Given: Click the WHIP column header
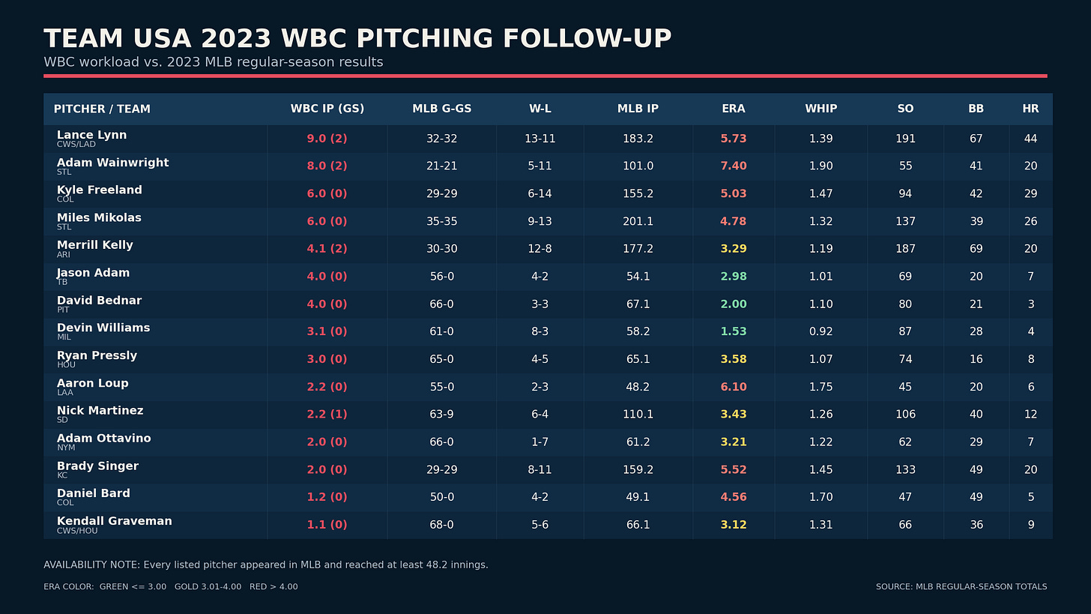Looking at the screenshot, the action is pyautogui.click(x=820, y=109).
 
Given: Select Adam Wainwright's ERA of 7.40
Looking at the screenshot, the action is pyautogui.click(x=733, y=166).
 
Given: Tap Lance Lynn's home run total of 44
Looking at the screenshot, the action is pyautogui.click(x=1030, y=139).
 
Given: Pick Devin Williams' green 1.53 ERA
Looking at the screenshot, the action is pyautogui.click(x=733, y=331).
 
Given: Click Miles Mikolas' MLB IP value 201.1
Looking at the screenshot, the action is pyautogui.click(x=638, y=221).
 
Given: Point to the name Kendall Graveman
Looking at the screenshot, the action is pyautogui.click(x=115, y=521).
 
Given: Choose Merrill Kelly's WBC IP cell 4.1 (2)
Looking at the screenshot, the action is pyautogui.click(x=327, y=249).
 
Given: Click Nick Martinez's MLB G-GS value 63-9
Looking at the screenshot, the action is pyautogui.click(x=442, y=414).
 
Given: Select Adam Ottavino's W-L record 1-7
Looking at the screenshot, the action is pyautogui.click(x=540, y=442).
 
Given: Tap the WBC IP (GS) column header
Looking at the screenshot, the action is pyautogui.click(x=327, y=109).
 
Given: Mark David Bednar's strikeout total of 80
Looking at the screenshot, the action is pyautogui.click(x=905, y=304).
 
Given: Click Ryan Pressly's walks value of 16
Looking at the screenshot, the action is pyautogui.click(x=976, y=359).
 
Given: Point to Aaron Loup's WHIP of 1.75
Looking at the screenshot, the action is pyautogui.click(x=820, y=387).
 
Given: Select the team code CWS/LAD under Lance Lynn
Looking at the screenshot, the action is pyautogui.click(x=76, y=144).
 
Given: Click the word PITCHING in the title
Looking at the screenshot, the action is pyautogui.click(x=425, y=38).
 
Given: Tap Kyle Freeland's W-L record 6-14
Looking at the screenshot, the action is pyautogui.click(x=540, y=193).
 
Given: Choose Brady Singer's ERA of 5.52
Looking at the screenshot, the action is pyautogui.click(x=733, y=470).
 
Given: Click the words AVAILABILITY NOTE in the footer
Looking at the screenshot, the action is pyautogui.click(x=91, y=565).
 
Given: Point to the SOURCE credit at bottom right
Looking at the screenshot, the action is pyautogui.click(x=961, y=587).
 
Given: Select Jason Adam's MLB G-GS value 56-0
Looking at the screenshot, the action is pyautogui.click(x=442, y=277).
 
